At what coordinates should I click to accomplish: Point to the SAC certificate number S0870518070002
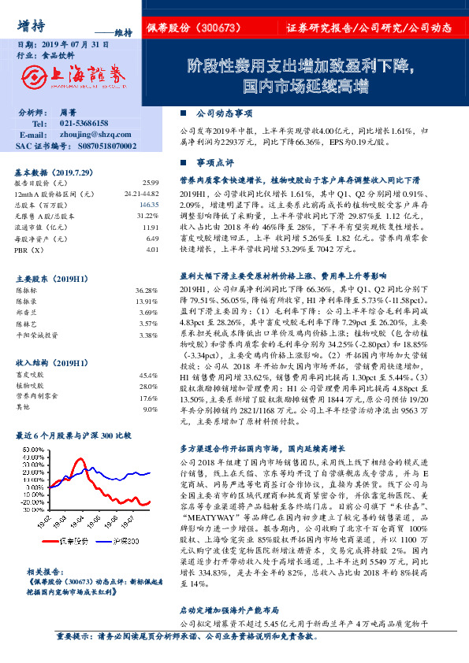click(98, 146)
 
